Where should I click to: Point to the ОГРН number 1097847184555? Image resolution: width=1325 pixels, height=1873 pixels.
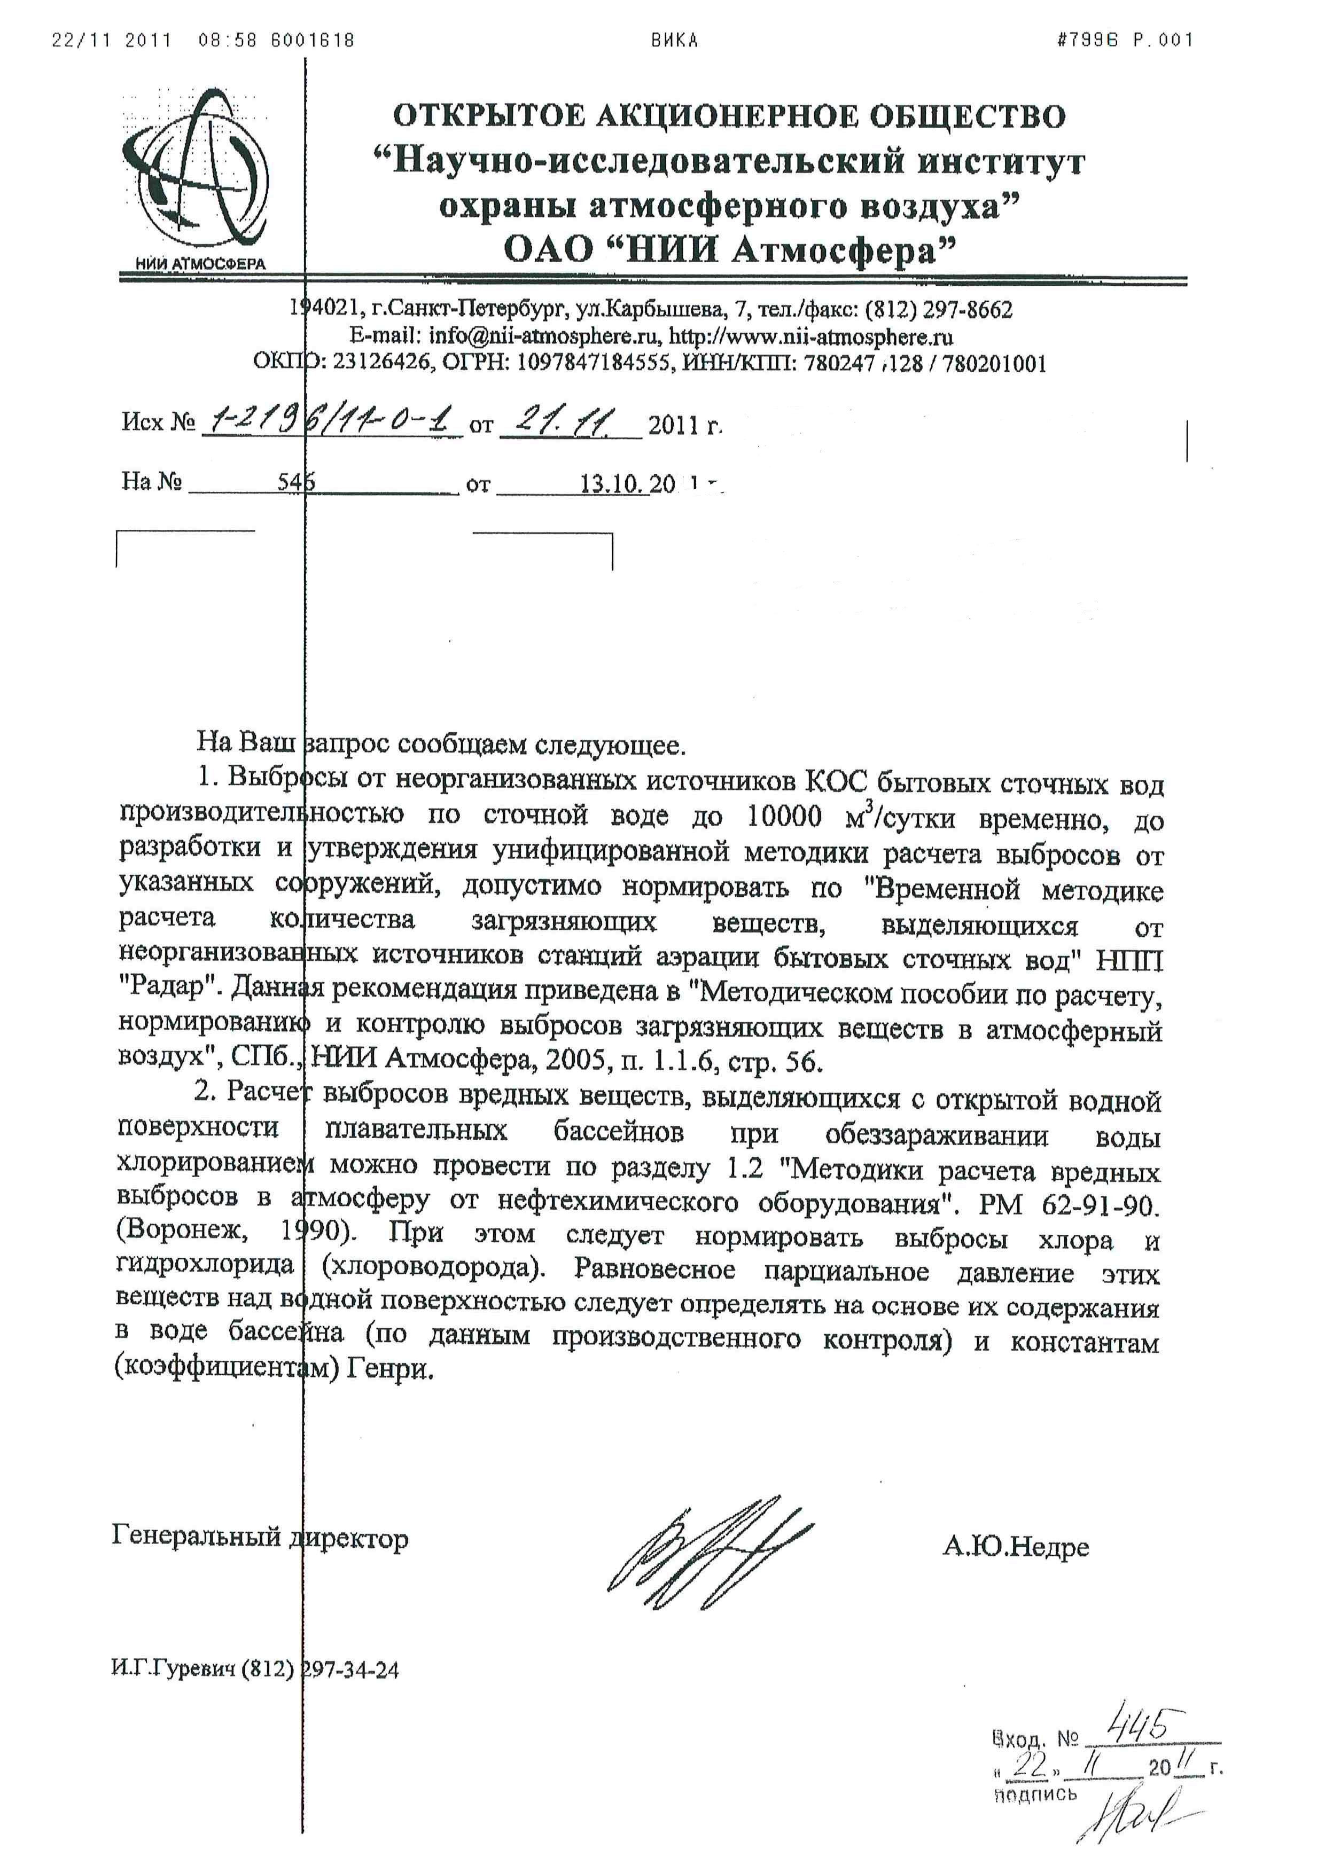tap(591, 363)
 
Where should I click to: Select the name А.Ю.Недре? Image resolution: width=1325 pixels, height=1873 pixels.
tap(1015, 1546)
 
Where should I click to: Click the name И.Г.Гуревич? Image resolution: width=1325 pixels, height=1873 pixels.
tap(173, 1669)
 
